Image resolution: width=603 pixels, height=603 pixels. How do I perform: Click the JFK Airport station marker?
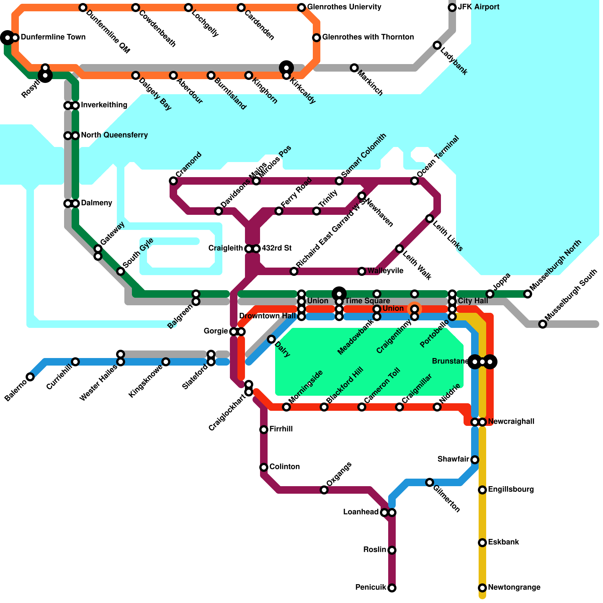coord(452,8)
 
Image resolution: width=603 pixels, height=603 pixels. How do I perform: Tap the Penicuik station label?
coord(371,588)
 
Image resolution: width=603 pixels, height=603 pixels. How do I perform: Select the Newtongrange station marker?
coord(482,588)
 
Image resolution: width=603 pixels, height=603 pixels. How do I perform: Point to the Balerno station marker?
coord(30,377)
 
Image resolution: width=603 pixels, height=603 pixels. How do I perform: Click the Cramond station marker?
coord(173,181)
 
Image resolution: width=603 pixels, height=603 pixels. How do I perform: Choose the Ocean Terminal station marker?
coord(415,181)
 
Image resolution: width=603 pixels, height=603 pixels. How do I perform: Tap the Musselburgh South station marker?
coord(543,324)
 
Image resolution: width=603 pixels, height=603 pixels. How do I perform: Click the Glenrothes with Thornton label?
coord(368,37)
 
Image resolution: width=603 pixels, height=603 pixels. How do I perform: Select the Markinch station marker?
coord(354,68)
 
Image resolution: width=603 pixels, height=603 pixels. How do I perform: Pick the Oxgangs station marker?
coord(324,490)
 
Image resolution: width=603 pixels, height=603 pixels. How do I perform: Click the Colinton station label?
coord(285,467)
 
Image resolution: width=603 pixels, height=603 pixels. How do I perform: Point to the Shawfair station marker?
coord(475,460)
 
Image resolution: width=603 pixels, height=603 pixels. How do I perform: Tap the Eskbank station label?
coord(504,542)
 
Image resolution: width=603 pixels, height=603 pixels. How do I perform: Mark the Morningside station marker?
coord(286,407)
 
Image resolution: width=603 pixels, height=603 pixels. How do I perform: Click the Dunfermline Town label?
coord(53,37)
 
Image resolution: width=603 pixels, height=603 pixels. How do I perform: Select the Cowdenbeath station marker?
coord(136,8)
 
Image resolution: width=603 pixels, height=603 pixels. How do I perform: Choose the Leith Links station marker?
coord(430,219)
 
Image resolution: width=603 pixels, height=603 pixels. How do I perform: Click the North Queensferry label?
coord(114,135)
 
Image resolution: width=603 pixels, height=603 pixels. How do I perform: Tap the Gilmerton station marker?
coord(430,482)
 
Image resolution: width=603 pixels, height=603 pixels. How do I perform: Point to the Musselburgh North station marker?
coord(528,294)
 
